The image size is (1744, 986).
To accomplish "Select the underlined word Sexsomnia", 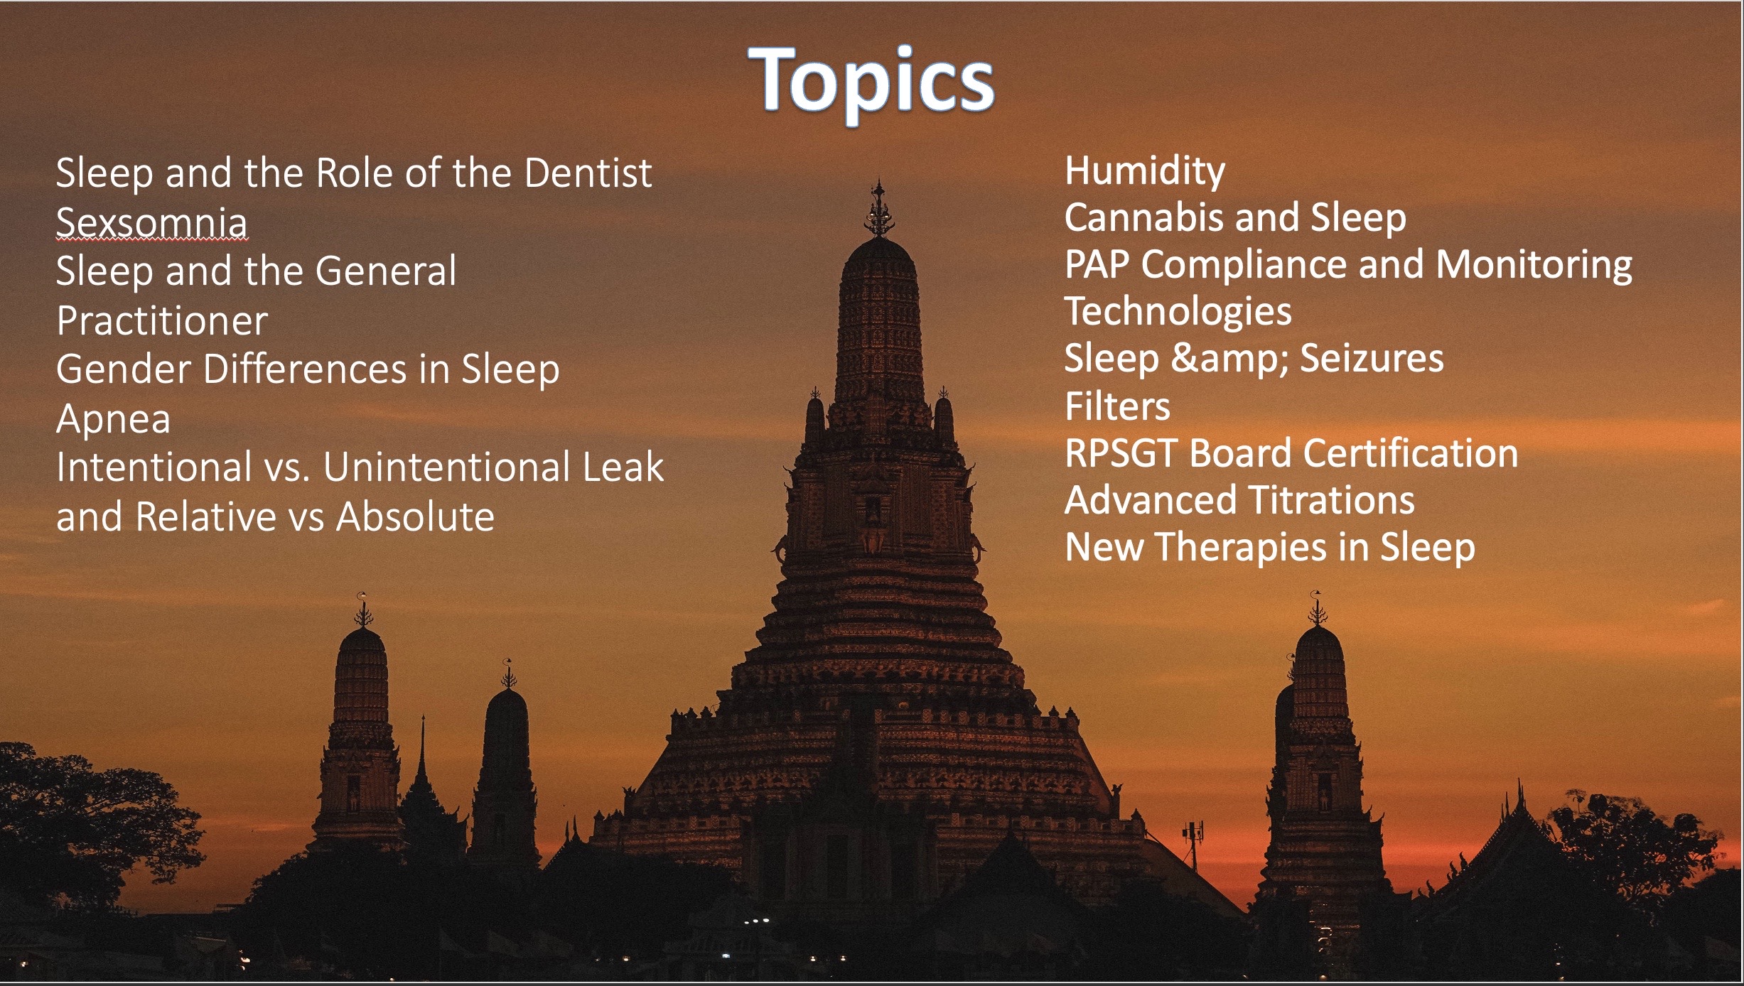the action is coord(151,221).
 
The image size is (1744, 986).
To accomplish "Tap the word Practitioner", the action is coord(162,320).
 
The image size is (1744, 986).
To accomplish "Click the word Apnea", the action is coord(114,419).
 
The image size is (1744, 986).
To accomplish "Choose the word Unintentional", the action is coord(448,467).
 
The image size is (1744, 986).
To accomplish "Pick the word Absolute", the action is coord(415,516).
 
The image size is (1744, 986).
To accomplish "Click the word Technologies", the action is coord(1178,313).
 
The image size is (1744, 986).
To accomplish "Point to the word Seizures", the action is coord(1372,358).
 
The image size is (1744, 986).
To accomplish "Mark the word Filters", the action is coord(1117,406).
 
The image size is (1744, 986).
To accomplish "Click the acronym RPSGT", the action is coord(1122,453).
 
